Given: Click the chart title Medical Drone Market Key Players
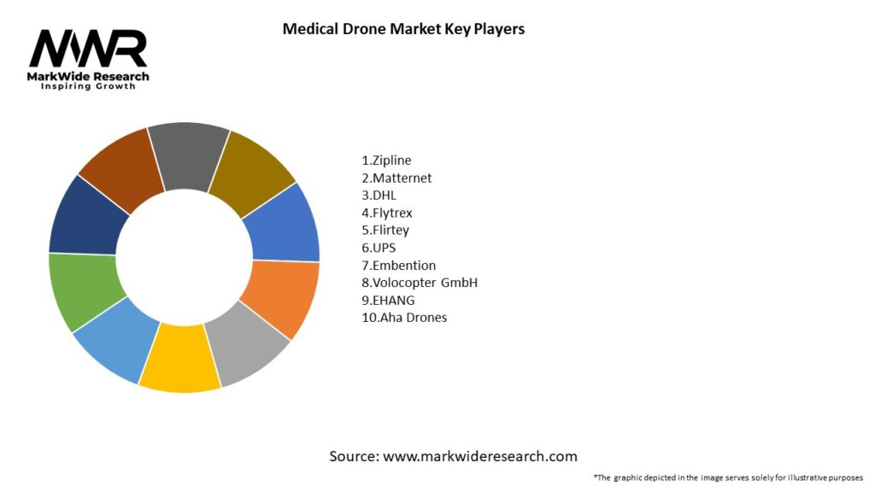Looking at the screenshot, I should (403, 29).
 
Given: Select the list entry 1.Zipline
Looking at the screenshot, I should (386, 160).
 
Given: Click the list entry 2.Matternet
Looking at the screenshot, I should (396, 178).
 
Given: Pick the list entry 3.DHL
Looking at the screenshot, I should (379, 195).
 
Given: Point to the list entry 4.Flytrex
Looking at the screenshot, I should (387, 213).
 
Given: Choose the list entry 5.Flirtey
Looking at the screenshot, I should (385, 230).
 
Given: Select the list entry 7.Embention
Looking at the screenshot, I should (399, 265).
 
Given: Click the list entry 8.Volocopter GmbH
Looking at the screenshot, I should (420, 283).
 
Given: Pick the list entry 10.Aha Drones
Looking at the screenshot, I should (404, 318).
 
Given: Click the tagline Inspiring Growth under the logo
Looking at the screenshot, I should (88, 87).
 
